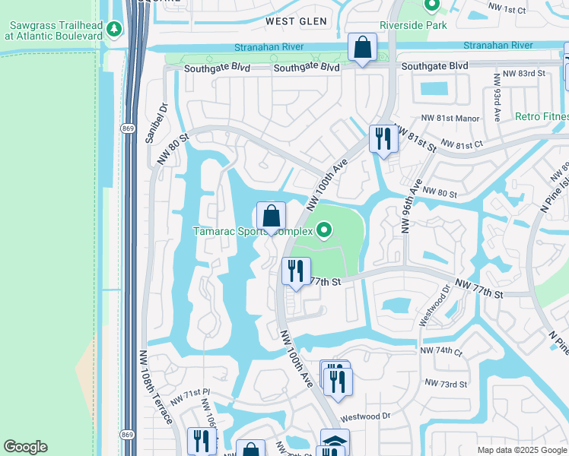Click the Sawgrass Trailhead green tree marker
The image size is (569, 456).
(x=114, y=29)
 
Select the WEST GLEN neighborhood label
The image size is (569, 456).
(x=297, y=21)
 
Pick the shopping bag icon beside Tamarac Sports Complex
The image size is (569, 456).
(x=271, y=216)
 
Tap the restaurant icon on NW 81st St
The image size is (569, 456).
(x=383, y=139)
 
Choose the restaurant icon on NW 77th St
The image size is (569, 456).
(x=295, y=271)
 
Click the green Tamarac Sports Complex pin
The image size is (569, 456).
(x=326, y=229)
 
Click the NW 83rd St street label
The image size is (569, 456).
(x=520, y=73)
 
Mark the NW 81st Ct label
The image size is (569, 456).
(x=461, y=144)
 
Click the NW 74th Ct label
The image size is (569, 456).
(x=440, y=353)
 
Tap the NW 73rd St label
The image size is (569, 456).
(x=445, y=384)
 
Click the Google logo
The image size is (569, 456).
(x=25, y=447)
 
